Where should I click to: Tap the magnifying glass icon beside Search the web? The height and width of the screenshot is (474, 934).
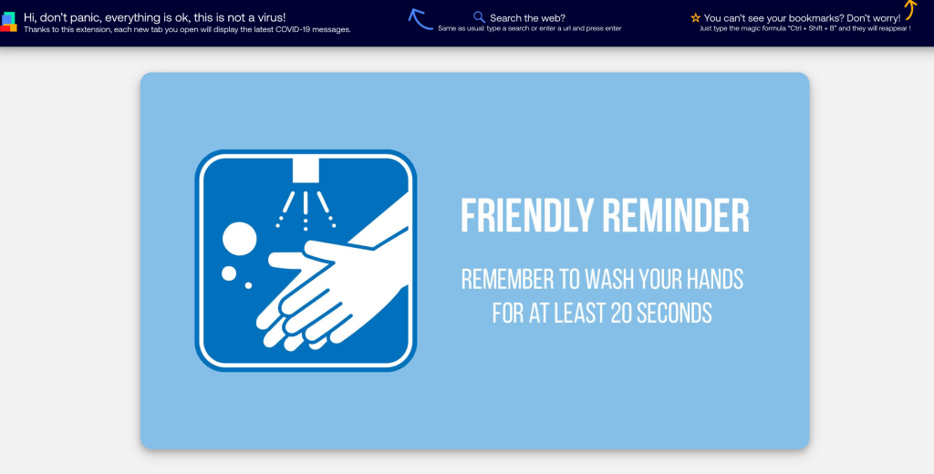click(479, 17)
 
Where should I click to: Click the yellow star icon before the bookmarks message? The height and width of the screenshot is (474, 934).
click(696, 17)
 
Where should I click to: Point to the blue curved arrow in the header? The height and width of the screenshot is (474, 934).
click(420, 19)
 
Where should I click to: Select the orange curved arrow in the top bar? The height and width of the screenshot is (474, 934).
click(908, 10)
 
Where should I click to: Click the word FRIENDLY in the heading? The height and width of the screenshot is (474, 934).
click(526, 216)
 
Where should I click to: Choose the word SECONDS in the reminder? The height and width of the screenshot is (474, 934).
click(676, 313)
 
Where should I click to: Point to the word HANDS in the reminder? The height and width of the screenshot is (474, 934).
click(711, 279)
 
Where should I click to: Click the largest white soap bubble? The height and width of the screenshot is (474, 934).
click(240, 239)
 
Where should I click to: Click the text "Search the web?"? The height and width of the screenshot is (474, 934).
click(527, 17)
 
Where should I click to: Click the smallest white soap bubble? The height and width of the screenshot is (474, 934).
click(248, 286)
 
